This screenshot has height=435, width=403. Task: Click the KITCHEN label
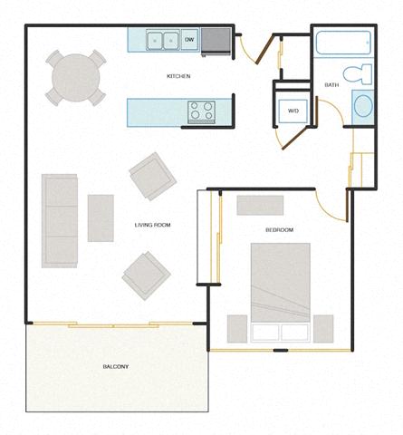pos(178,77)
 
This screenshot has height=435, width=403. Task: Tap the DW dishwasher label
pos(189,40)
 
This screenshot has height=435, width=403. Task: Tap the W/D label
pos(293,111)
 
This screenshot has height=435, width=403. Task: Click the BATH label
pos(331,85)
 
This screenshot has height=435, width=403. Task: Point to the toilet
pos(356,73)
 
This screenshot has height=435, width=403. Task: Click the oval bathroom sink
pos(361,105)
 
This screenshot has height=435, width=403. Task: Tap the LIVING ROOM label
pos(152,225)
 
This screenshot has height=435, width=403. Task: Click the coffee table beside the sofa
pos(101,217)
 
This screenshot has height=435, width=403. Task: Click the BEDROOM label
pos(279,230)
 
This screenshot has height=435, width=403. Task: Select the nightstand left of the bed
pos(237,327)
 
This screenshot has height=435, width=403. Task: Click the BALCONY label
pos(115,366)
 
